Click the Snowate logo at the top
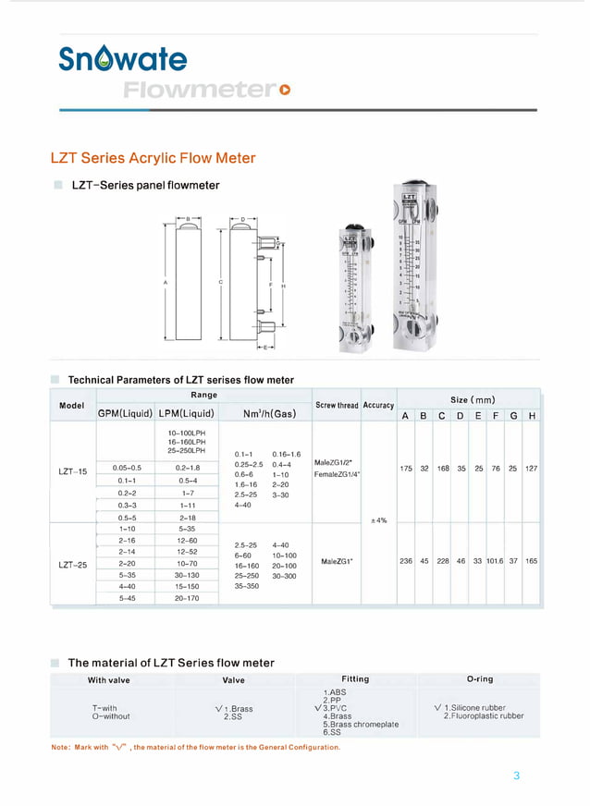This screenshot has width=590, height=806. pyautogui.click(x=123, y=60)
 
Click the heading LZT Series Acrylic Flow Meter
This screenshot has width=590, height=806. pyautogui.click(x=153, y=158)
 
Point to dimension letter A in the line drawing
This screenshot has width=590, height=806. pyautogui.click(x=165, y=281)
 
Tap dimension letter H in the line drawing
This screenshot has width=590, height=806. pyautogui.click(x=283, y=287)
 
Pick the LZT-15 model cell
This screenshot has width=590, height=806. pyautogui.click(x=72, y=471)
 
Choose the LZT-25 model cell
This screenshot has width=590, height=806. pyautogui.click(x=72, y=565)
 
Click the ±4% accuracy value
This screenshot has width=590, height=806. pyautogui.click(x=378, y=520)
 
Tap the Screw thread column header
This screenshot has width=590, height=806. pyautogui.click(x=337, y=405)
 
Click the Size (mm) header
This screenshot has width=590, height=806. pyautogui.click(x=472, y=399)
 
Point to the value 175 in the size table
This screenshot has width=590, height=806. pyautogui.click(x=406, y=469)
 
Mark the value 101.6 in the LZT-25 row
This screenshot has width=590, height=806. pyautogui.click(x=494, y=561)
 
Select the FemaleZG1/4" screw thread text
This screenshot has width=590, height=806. pyautogui.click(x=338, y=474)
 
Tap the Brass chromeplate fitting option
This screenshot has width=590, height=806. pyautogui.click(x=361, y=724)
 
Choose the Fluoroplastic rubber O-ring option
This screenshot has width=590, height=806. pyautogui.click(x=483, y=715)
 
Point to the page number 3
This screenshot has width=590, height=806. pyautogui.click(x=517, y=775)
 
